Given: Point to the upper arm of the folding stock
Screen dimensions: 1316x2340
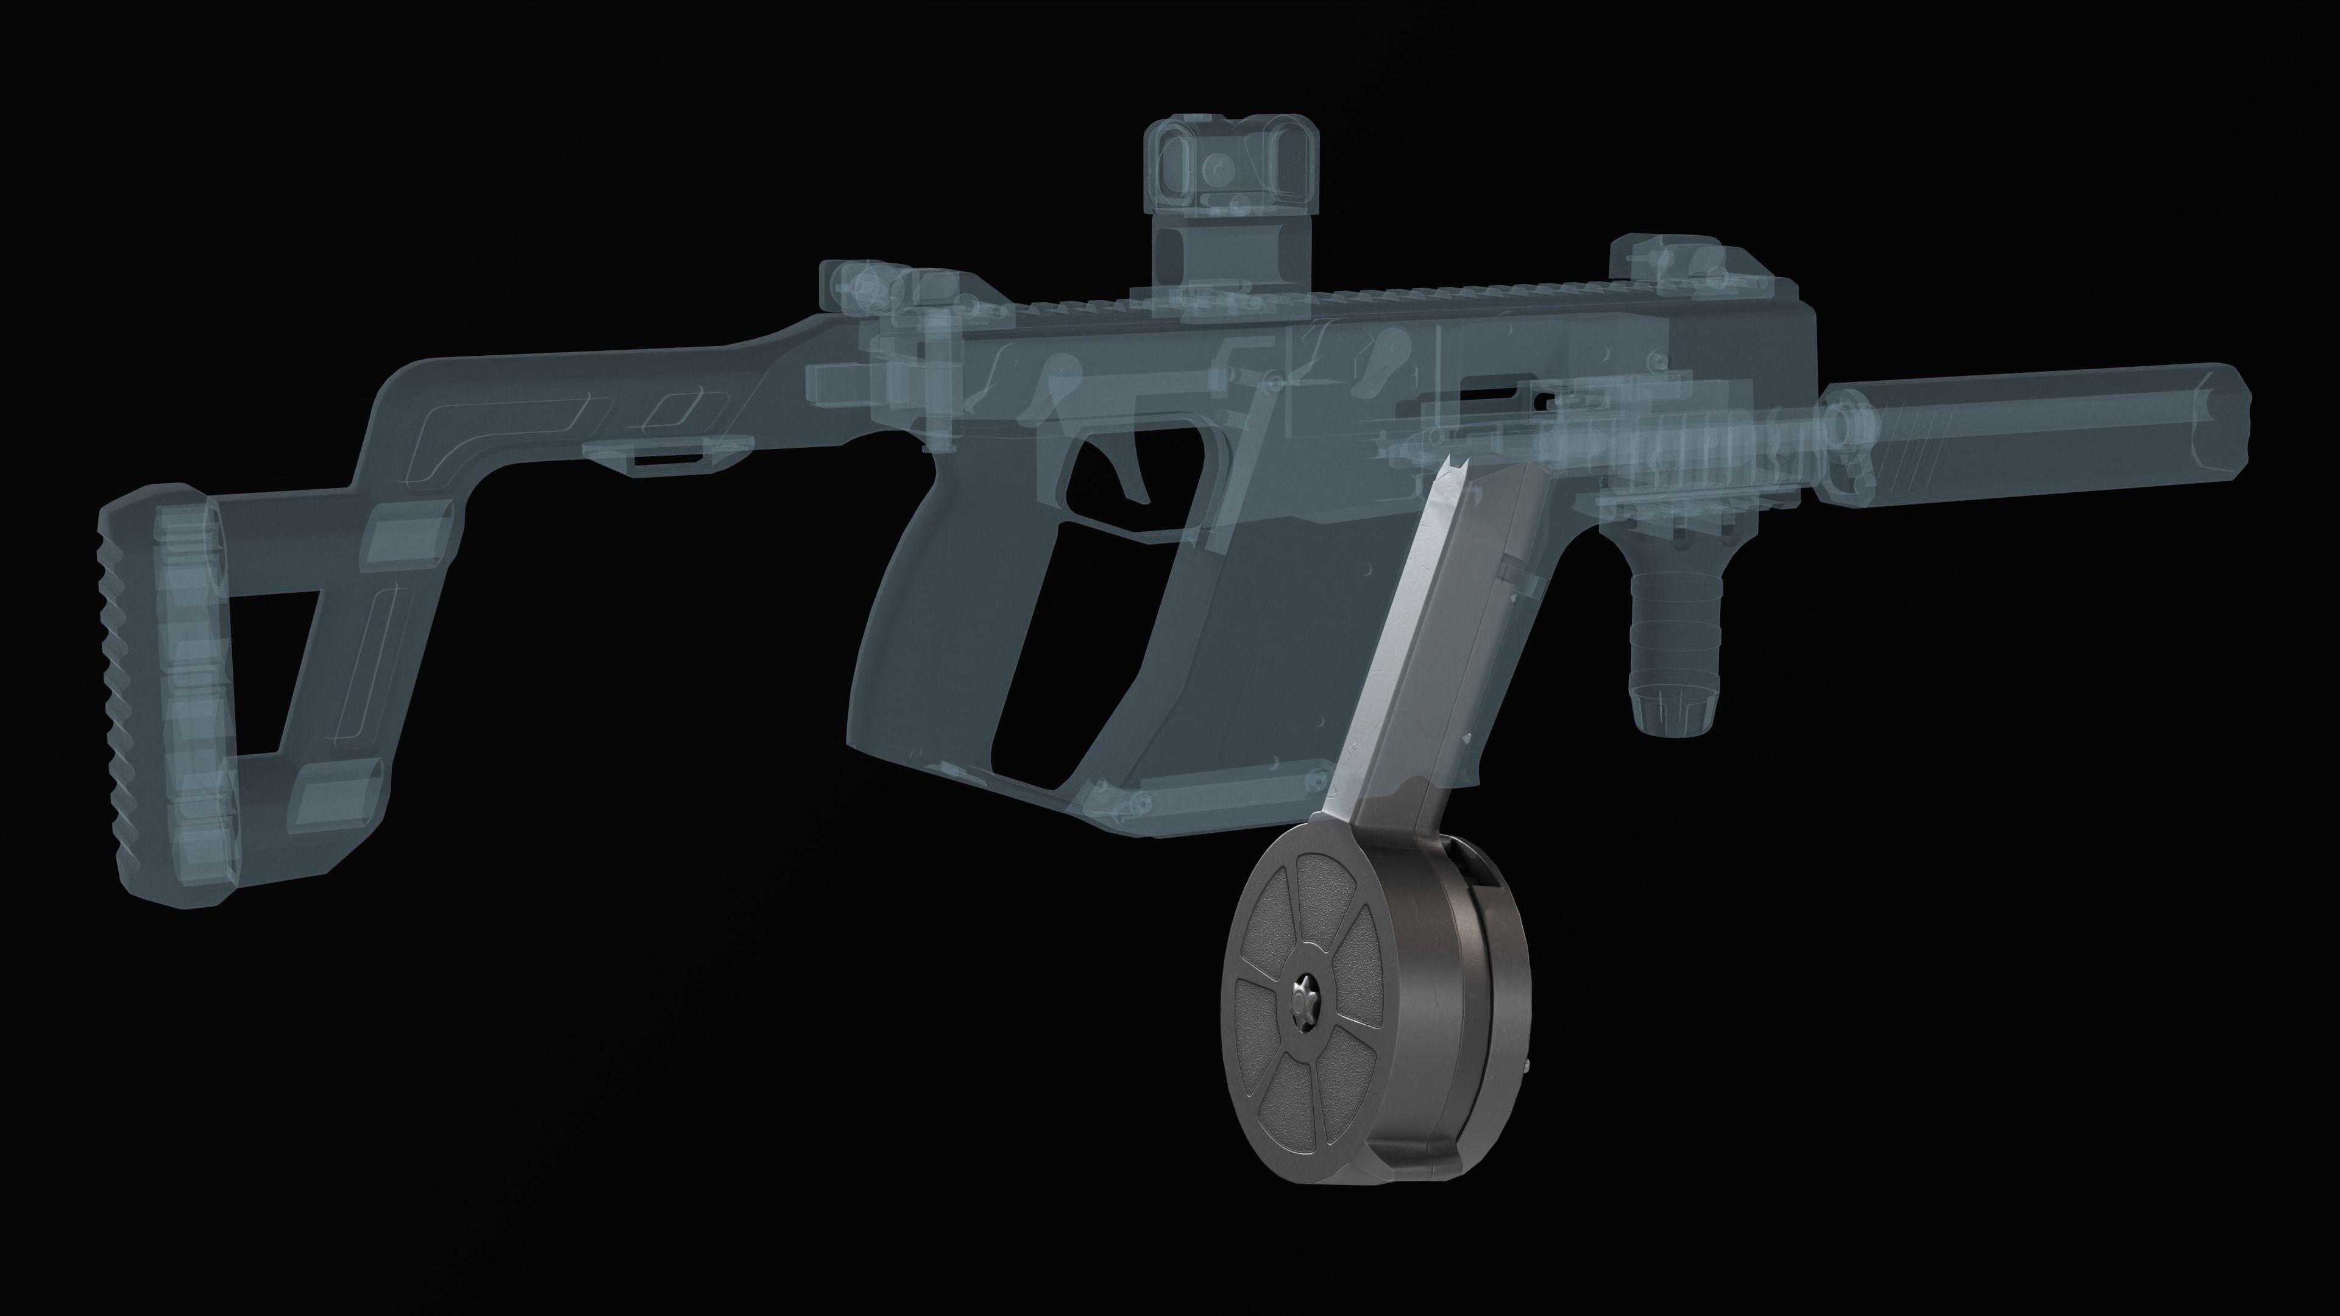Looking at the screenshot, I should click(581, 381).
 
